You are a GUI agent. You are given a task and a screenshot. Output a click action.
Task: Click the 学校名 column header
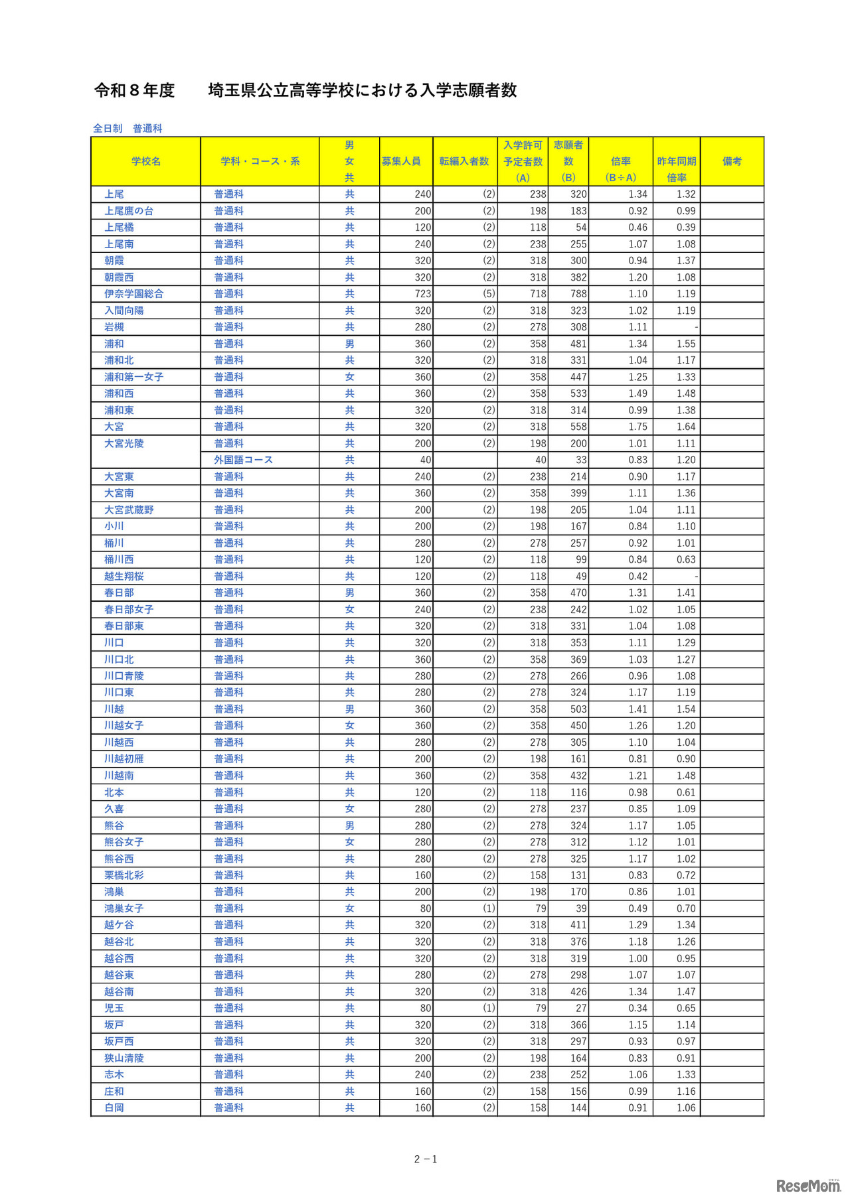tap(146, 161)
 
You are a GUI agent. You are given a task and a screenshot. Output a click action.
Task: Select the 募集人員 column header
tap(401, 161)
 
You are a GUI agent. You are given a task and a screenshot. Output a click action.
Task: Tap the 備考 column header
tap(732, 161)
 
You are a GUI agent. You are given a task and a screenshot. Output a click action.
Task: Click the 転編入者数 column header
tap(464, 161)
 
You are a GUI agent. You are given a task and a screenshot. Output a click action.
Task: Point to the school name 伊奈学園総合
tap(133, 294)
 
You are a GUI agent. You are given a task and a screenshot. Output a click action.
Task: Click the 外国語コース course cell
tap(243, 460)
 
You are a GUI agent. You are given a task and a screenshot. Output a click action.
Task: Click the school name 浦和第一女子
tap(133, 377)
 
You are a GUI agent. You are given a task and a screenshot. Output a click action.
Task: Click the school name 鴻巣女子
tap(124, 908)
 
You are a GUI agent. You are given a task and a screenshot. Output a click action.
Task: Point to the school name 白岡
tap(114, 1107)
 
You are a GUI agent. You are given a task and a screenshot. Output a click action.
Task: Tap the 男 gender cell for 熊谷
tap(349, 825)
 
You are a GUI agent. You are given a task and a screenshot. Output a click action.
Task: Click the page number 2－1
tap(426, 1159)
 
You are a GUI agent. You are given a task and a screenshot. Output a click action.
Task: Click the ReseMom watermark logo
tap(807, 1186)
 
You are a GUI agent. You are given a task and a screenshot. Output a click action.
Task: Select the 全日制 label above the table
tap(108, 128)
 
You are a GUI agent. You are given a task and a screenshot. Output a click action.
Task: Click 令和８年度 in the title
tap(134, 90)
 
